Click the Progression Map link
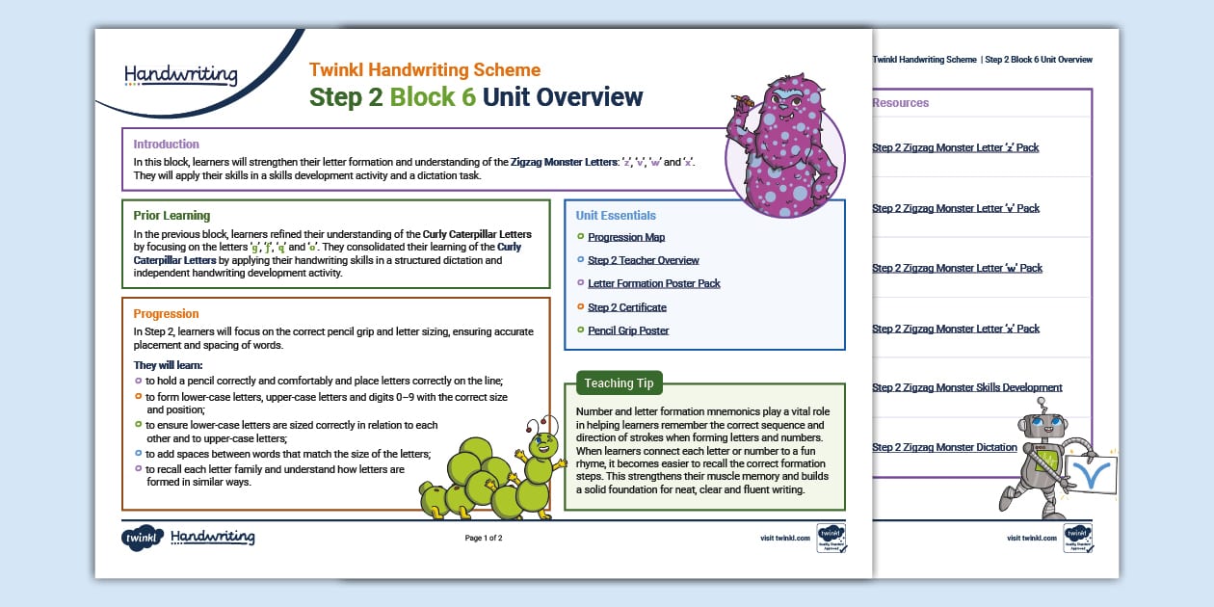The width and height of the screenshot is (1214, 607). [x=626, y=237]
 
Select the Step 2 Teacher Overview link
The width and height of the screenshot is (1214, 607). [x=644, y=260]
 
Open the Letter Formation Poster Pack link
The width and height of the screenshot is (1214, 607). [x=654, y=283]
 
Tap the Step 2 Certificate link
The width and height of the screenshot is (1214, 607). [x=627, y=307]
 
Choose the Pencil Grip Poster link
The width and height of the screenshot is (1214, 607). [x=628, y=330]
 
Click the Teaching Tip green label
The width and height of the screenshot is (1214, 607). [x=619, y=383]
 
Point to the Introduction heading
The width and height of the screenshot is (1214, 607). [x=167, y=145]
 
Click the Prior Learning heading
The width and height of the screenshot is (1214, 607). [x=172, y=216]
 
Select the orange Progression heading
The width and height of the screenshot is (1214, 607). [x=167, y=314]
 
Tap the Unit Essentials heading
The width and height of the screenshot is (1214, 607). [x=616, y=216]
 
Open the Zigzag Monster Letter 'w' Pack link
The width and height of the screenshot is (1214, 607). [x=956, y=268]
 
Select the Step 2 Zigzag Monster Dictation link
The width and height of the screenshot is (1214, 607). [x=944, y=447]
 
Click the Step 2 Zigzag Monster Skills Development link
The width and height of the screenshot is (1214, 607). [x=966, y=387]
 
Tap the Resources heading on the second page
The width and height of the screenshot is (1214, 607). [x=901, y=103]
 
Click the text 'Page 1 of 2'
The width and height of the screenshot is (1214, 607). [x=484, y=538]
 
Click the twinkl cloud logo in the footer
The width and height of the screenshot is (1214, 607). [x=141, y=538]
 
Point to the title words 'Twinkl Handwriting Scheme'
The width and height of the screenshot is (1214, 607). [x=425, y=70]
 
